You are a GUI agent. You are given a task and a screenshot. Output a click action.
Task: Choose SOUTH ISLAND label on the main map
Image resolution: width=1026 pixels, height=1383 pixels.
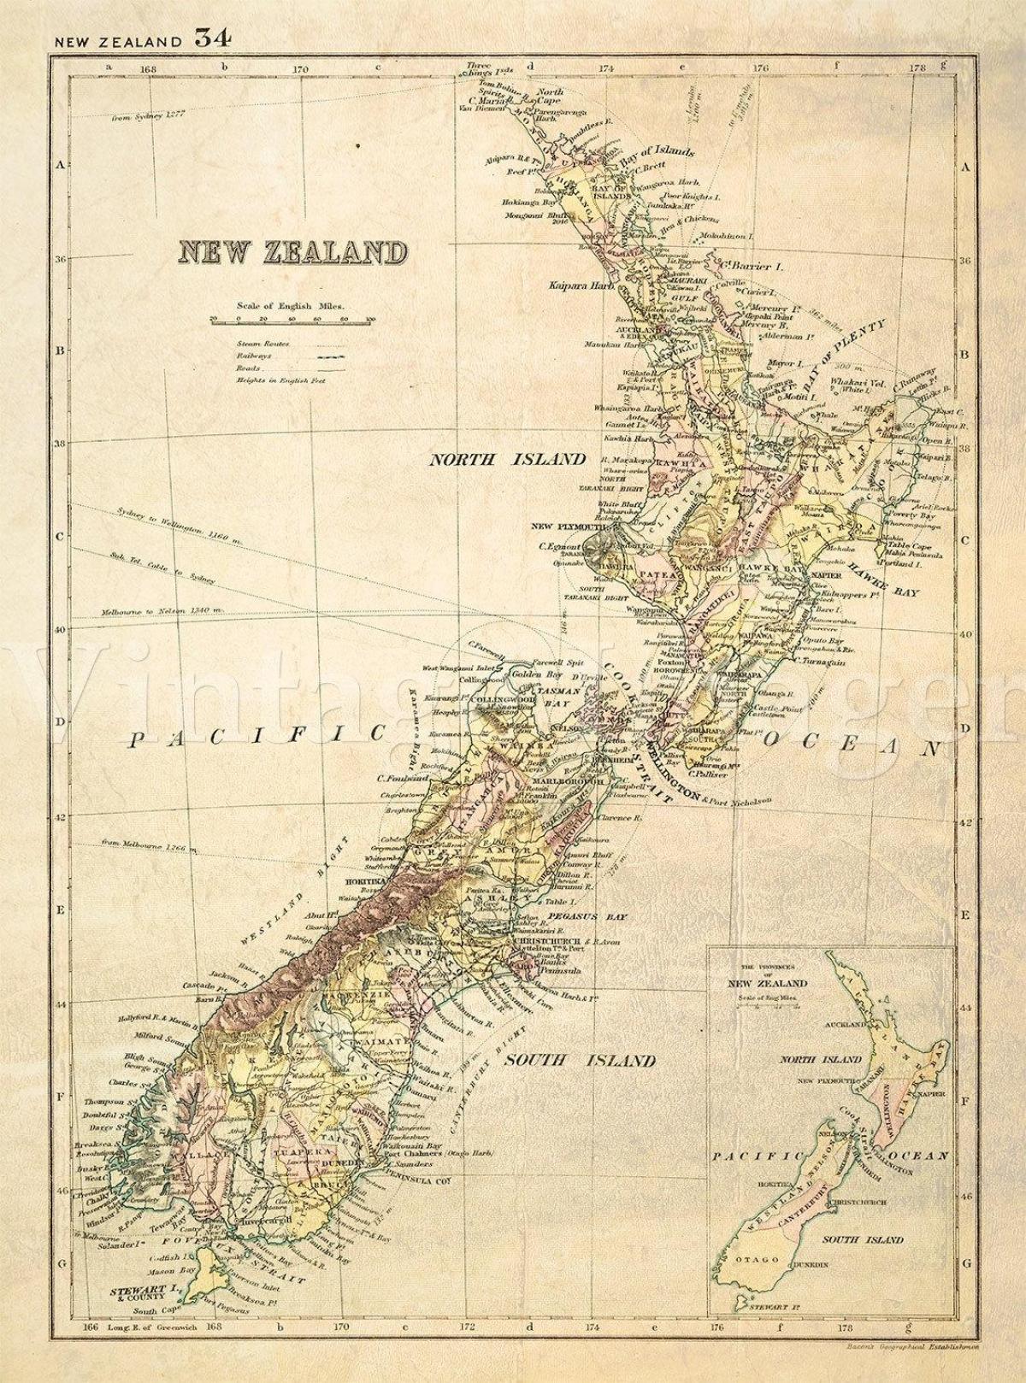pos(581,1062)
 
